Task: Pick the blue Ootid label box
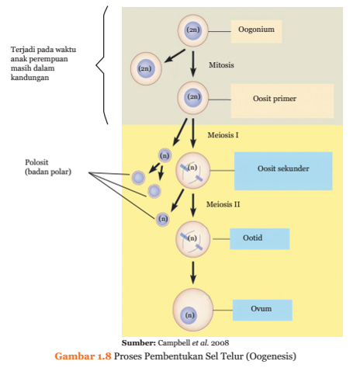pos(259,238)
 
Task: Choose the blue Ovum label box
pos(261,310)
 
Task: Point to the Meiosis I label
pos(223,135)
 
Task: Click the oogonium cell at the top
pos(193,30)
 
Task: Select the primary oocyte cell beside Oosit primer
pos(193,98)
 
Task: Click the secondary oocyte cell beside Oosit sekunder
pos(192,170)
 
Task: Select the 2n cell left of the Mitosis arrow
pos(145,68)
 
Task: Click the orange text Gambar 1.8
pos(83,356)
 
